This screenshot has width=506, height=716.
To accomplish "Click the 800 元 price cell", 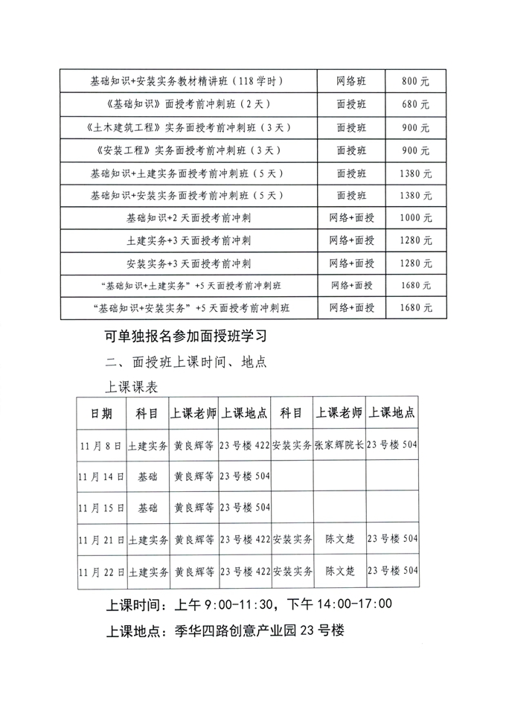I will pos(414,81).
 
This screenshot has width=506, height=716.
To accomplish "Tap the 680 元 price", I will pos(414,104).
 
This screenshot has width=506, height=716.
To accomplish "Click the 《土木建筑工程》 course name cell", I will pos(190,127).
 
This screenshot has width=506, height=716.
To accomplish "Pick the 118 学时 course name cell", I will pos(190,81).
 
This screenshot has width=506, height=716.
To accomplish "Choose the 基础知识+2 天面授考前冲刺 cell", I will pos(190,218).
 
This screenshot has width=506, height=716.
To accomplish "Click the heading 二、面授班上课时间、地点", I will pos(187,362).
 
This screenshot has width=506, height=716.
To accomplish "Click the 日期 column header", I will pos(102,414).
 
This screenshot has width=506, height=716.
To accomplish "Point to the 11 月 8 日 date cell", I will pos(102,446).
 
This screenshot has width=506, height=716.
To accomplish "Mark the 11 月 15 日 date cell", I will pos(102,508).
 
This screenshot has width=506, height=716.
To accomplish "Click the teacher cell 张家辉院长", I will pos(339,446).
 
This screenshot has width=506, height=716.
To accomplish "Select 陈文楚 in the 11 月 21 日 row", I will pos(339,540).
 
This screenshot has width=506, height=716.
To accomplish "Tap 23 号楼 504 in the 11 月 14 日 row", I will pos(245,477).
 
